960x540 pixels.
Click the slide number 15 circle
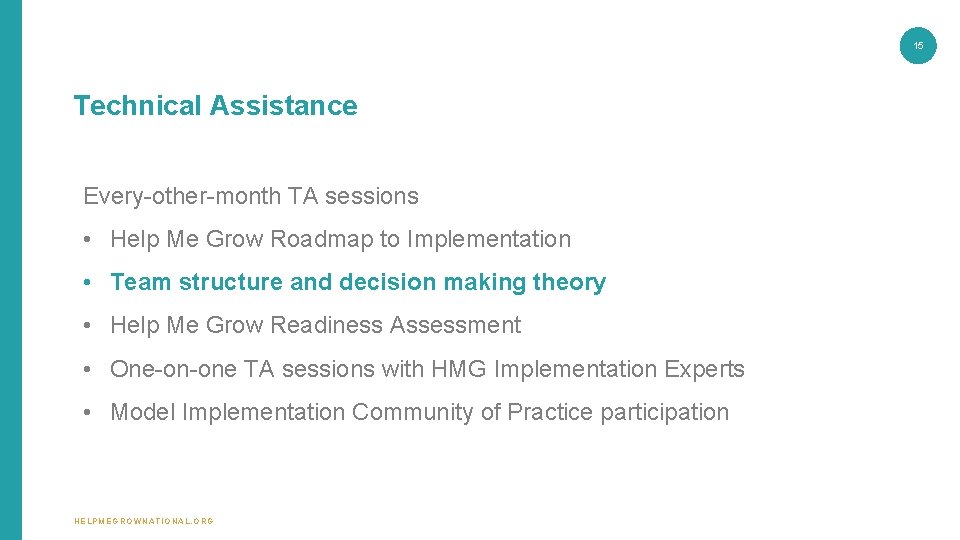(x=918, y=45)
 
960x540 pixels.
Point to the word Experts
(x=704, y=370)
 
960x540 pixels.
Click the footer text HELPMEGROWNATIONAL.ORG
(x=144, y=521)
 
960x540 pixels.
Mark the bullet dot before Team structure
(x=89, y=283)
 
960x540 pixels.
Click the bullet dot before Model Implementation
(x=89, y=413)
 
